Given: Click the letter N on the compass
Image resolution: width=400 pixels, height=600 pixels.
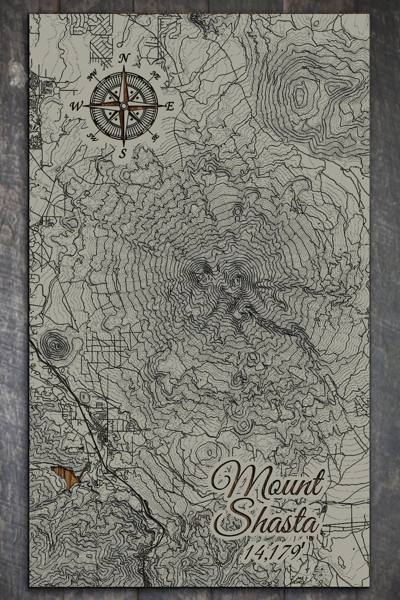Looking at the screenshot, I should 124,58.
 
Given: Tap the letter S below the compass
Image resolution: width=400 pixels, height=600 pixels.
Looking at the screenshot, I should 124,153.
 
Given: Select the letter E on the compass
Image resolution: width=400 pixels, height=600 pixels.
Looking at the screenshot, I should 169,107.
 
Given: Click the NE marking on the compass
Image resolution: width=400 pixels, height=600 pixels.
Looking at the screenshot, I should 155,76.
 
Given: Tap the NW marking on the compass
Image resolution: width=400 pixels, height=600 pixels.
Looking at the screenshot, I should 91,77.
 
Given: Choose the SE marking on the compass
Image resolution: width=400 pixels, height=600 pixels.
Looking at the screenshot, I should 155,137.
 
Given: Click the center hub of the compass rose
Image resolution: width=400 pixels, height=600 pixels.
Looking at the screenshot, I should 124,106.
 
